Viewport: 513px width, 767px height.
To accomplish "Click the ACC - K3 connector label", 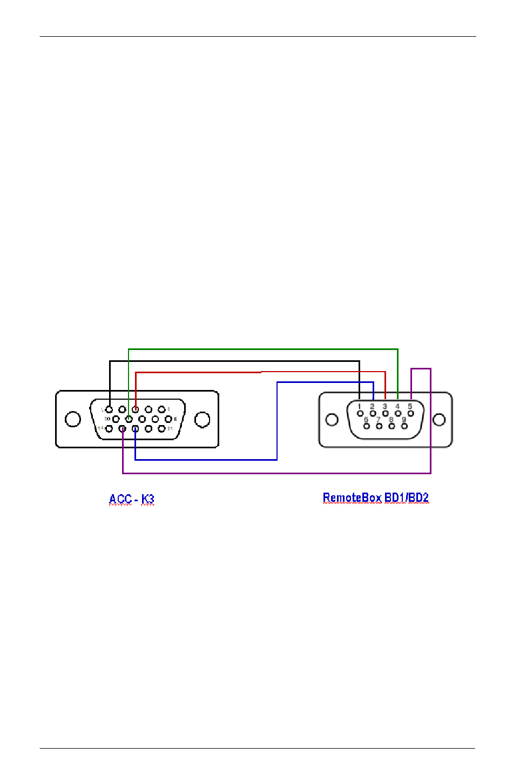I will [x=131, y=499].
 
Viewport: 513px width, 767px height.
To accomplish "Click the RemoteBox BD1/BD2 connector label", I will [x=375, y=497].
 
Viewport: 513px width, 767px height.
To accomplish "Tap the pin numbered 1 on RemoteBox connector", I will [x=360, y=413].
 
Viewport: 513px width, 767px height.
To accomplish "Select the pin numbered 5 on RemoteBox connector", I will [x=410, y=413].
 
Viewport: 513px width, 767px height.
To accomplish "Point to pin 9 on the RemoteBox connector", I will [x=404, y=426].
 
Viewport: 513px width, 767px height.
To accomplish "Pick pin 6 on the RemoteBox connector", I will [x=366, y=426].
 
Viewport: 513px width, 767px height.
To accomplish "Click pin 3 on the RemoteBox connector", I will [x=385, y=413].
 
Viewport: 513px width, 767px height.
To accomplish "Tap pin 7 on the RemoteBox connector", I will [x=379, y=426].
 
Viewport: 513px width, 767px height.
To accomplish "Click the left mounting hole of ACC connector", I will [x=72, y=419].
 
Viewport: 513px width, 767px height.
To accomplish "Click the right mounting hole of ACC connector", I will [x=202, y=419].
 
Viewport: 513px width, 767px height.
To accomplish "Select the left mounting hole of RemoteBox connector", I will [x=332, y=420].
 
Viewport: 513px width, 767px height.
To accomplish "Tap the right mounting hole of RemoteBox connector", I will [x=440, y=420].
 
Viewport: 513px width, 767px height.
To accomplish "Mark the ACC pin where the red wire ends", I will [x=135, y=409].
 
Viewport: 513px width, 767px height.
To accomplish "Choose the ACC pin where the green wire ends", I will [x=129, y=419].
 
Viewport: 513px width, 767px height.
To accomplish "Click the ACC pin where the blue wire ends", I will [x=135, y=429].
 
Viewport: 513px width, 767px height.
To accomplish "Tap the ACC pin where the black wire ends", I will [x=109, y=409].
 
